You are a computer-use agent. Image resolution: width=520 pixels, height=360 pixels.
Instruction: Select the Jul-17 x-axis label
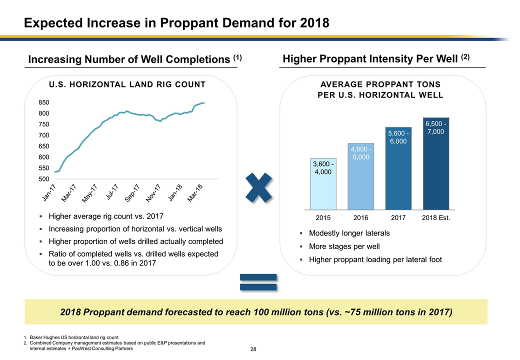[112, 193]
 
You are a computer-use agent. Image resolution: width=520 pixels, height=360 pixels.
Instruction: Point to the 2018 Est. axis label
[436, 218]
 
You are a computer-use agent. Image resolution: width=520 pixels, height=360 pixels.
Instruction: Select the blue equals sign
[258, 282]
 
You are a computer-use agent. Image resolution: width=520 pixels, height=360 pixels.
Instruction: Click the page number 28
[253, 348]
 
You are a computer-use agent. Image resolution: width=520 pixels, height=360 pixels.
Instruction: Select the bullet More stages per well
[344, 246]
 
